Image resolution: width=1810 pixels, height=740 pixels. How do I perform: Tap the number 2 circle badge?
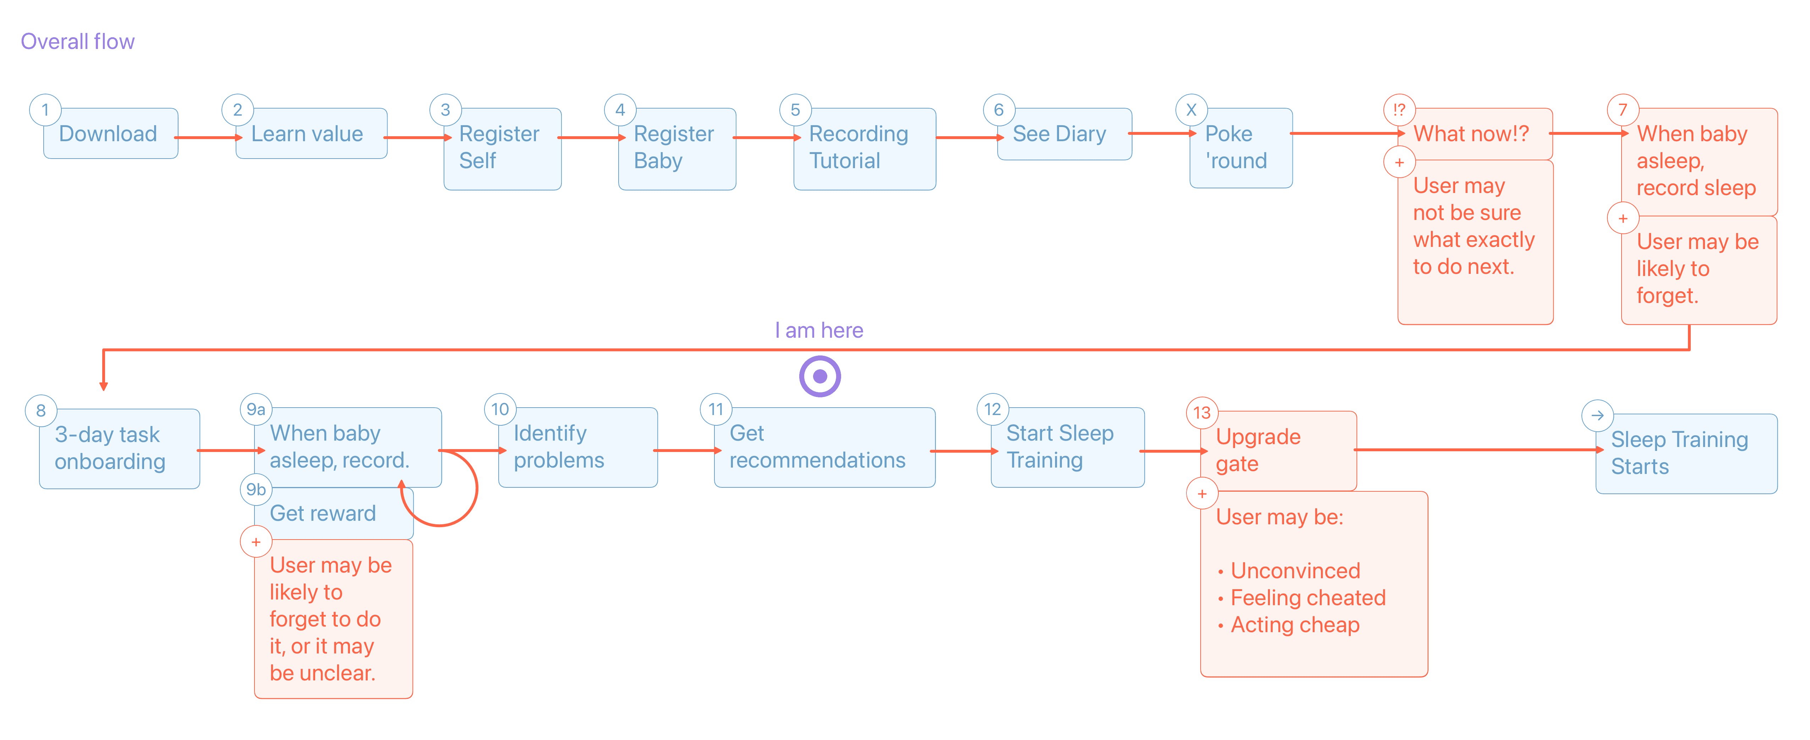click(237, 110)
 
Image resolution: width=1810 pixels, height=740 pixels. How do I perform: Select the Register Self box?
click(503, 148)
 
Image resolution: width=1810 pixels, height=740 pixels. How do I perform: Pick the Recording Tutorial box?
click(864, 148)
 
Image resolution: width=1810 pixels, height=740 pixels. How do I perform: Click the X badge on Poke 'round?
click(1191, 110)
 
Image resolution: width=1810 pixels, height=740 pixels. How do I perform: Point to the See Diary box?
click(1064, 133)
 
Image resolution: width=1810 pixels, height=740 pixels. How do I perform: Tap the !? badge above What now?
click(1399, 110)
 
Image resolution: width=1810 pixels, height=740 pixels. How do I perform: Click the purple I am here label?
click(819, 330)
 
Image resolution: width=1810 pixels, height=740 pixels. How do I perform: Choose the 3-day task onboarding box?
click(120, 449)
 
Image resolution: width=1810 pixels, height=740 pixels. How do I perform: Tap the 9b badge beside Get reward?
click(256, 489)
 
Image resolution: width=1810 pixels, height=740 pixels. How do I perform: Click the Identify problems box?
click(577, 447)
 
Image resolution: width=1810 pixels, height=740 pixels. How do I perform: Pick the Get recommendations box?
click(824, 447)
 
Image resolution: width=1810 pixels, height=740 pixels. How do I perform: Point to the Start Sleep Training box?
click(1067, 447)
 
